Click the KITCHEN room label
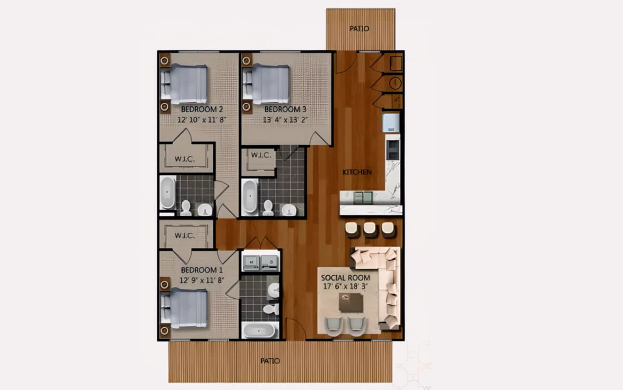click(357, 172)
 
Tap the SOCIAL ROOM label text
click(345, 278)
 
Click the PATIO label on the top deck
click(359, 29)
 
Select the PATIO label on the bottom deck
click(270, 361)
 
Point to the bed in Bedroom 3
click(266, 84)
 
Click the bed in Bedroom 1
click(184, 309)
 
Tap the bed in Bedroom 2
click(184, 84)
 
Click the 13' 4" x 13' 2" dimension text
click(285, 120)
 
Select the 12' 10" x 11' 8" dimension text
click(202, 120)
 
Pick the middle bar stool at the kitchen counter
click(370, 230)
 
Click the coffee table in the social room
click(351, 303)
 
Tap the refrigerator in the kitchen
click(391, 122)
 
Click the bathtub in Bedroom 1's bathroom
click(259, 330)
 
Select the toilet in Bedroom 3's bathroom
click(268, 208)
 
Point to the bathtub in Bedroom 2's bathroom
click(167, 193)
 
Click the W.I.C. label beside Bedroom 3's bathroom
click(261, 155)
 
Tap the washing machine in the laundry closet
click(251, 262)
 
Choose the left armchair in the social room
click(333, 326)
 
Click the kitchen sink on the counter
click(363, 198)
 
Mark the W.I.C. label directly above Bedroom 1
click(185, 235)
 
